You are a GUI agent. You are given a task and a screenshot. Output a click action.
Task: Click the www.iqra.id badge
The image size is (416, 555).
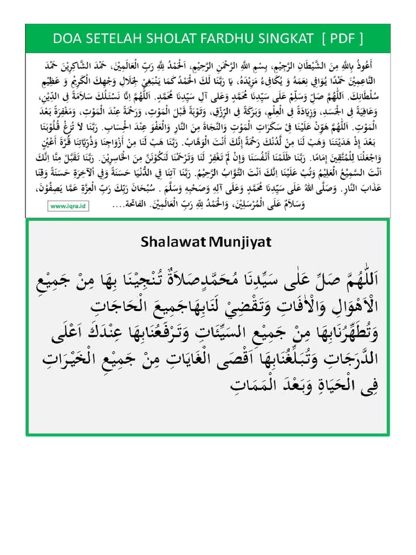coord(69,206)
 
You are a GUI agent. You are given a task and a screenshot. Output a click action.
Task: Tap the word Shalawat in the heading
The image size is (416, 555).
coord(167,241)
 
